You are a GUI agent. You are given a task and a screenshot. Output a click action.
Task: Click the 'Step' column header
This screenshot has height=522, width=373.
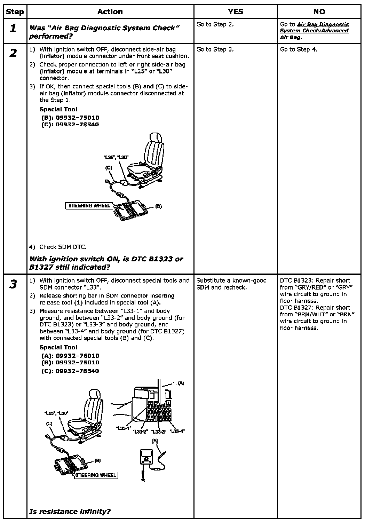(15, 12)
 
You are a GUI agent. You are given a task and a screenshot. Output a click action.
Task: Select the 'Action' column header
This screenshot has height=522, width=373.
(110, 12)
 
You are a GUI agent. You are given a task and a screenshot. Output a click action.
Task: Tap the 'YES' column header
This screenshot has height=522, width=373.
(236, 12)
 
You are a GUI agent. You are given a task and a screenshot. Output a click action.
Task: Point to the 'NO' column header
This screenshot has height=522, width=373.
(319, 12)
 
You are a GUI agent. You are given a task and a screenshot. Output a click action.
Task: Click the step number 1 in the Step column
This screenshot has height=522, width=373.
(13, 28)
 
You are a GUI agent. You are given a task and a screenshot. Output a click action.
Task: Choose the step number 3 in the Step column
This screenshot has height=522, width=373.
(13, 285)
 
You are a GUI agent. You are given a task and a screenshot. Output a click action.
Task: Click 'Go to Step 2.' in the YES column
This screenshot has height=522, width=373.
(215, 24)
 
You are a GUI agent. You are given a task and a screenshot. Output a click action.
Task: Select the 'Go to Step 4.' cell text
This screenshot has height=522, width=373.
(299, 49)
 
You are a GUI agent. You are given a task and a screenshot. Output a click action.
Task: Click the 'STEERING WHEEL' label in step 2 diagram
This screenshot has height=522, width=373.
(89, 206)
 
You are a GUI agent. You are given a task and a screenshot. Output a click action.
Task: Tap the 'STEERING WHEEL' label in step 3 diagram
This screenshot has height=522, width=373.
(96, 475)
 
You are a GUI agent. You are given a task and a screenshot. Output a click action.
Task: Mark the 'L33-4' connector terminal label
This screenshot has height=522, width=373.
(177, 432)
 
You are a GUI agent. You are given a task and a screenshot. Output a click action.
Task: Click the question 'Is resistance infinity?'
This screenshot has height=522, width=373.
(70, 511)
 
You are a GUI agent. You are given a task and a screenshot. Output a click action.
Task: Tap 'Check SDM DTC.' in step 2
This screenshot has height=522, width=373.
(63, 247)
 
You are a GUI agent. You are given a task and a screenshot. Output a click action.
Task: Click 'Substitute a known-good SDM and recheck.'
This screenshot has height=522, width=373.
(231, 284)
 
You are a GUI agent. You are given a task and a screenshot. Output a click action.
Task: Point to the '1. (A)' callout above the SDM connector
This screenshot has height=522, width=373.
(178, 383)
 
